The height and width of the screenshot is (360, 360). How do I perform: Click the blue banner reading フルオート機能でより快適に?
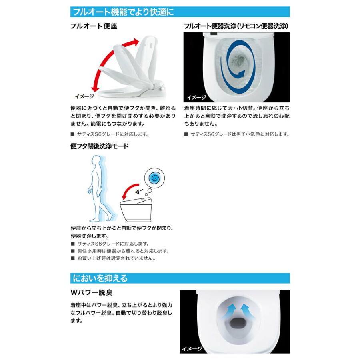coord(180,12)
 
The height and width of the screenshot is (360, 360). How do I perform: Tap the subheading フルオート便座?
coord(94,26)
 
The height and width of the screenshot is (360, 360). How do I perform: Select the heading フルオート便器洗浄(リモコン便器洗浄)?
coord(236,26)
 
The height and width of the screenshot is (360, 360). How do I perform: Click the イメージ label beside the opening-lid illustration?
coord(84,96)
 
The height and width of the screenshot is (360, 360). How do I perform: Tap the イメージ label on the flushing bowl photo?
coord(196,98)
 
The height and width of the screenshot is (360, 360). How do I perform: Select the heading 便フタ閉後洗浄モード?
coord(100,146)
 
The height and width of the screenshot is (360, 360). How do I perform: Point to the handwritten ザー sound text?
coord(139,192)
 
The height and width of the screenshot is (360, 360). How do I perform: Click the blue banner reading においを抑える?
coord(180,278)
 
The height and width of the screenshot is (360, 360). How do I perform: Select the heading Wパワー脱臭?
coord(91,292)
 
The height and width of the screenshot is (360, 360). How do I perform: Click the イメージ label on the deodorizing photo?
coord(192,349)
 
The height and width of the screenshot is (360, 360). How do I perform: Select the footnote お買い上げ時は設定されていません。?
coord(116,258)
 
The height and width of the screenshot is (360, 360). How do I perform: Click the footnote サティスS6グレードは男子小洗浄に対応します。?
coord(240,134)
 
